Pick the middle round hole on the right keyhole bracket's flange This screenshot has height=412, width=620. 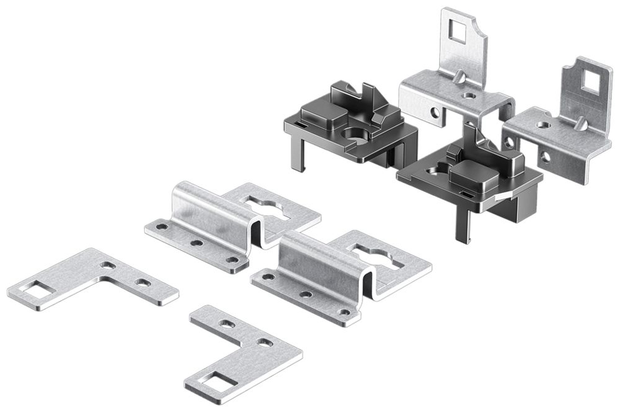306,294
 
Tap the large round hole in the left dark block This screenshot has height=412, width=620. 356,133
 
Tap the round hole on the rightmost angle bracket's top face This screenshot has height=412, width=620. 544,125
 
